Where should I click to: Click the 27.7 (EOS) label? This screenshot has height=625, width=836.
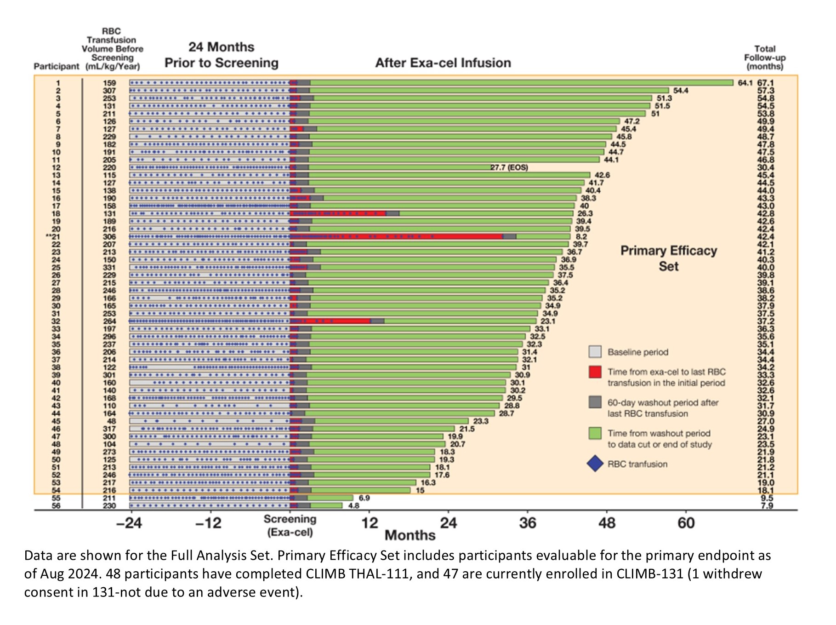509,168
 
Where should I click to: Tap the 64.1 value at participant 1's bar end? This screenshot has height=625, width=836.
745,83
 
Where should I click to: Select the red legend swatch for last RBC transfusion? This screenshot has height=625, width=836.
595,372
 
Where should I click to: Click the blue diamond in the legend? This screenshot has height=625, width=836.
595,464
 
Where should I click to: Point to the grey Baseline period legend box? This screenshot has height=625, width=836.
595,352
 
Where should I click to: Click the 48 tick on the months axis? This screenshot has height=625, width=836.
607,523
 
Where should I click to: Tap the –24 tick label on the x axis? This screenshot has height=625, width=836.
129,523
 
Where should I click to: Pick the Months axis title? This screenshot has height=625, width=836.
410,535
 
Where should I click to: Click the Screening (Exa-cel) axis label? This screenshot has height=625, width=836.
290,526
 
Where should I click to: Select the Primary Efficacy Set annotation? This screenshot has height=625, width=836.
668,258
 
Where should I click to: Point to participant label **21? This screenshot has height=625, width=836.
53,237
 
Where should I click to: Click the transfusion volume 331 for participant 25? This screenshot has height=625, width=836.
109,268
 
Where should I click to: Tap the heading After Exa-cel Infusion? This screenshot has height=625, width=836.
443,63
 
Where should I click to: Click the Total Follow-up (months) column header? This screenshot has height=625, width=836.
765,57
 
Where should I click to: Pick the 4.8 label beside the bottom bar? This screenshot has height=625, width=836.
353,506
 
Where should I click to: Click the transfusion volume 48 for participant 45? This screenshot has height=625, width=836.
111,421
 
